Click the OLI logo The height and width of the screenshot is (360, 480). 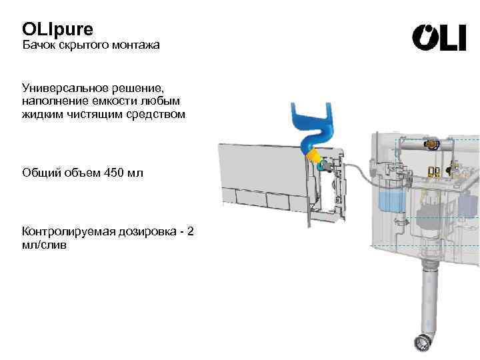pos(439,38)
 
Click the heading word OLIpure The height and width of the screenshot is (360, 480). pos(58,29)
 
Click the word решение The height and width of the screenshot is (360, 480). pos(141,88)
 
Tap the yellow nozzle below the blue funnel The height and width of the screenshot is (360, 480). pos(313,156)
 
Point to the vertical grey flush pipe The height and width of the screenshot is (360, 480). pos(425,293)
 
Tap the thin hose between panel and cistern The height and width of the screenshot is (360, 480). pos(361,171)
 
